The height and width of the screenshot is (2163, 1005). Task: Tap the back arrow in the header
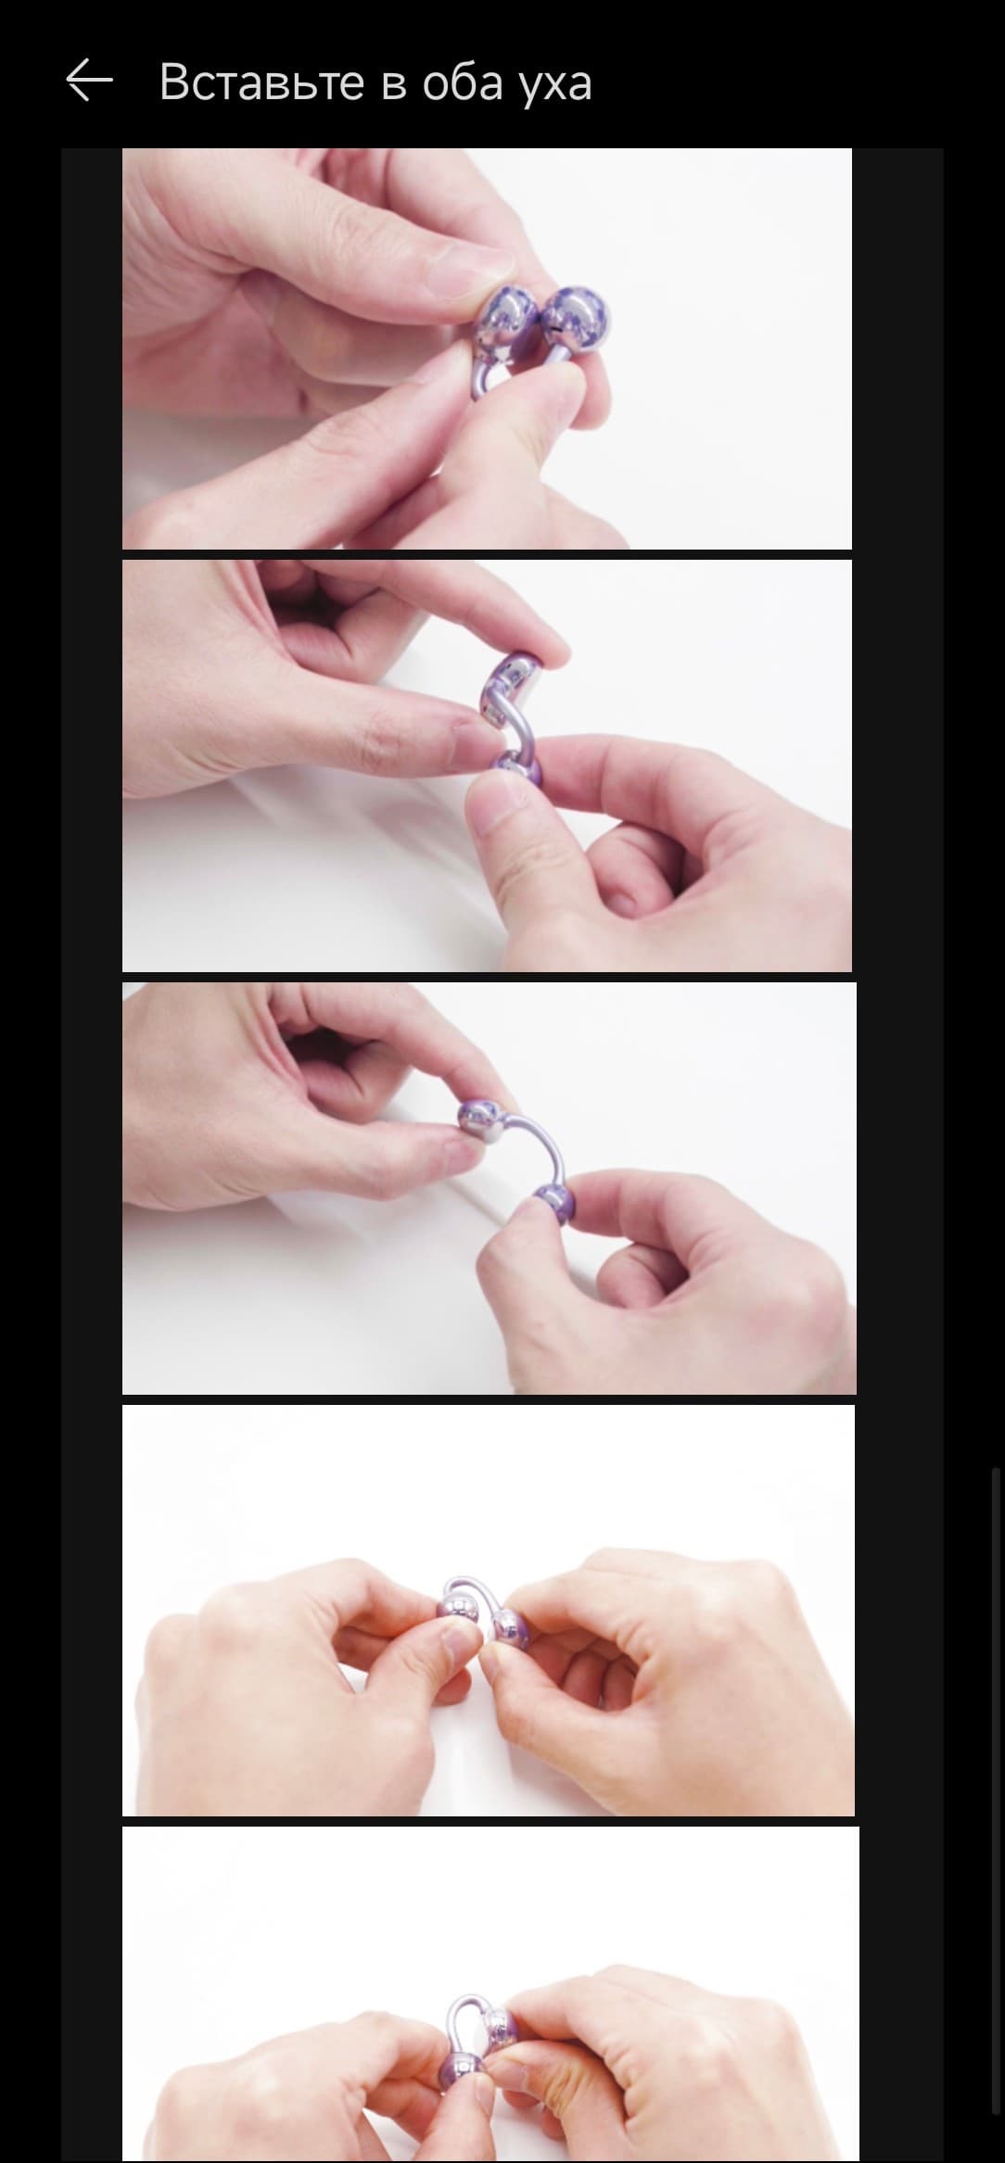89,81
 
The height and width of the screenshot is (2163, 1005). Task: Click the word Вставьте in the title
261,82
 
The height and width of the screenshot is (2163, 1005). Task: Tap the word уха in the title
553,84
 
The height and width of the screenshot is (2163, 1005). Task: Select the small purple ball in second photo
515,772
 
